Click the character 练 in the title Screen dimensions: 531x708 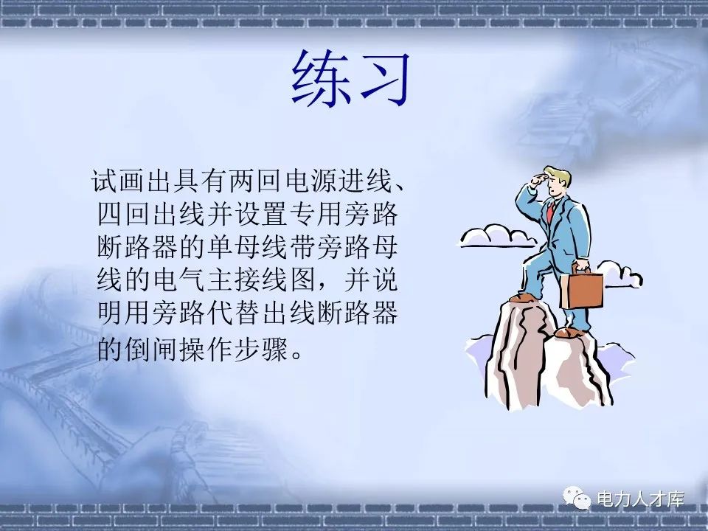[319, 80]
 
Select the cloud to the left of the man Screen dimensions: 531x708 [496, 235]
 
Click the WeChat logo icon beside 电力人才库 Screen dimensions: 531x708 [577, 500]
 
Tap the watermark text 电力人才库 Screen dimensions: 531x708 [640, 499]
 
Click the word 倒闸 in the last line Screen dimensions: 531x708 [149, 347]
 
